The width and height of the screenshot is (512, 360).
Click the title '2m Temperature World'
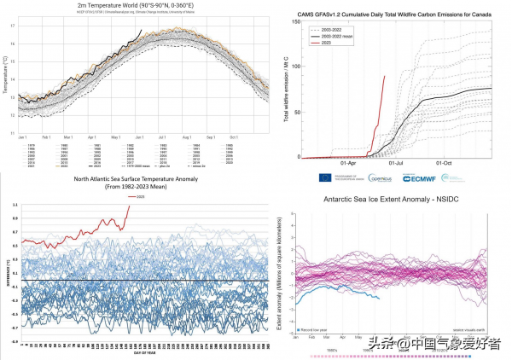pos(137,5)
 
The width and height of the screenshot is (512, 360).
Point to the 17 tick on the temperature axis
pos(14,25)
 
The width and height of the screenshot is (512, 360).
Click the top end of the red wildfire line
pos(385,76)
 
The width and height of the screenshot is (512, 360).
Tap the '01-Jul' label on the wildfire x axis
pos(397,163)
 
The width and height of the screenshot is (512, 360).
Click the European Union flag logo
pos(348,177)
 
